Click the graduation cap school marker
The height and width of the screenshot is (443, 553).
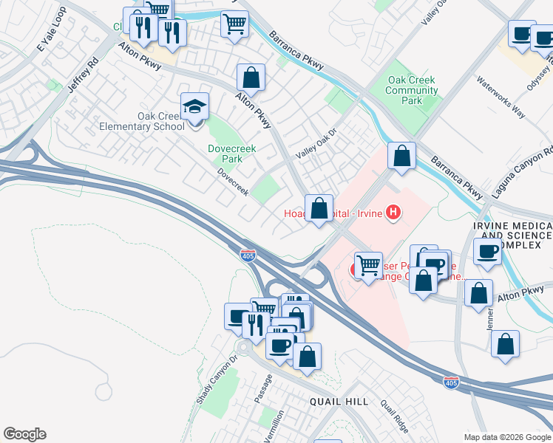(195, 108)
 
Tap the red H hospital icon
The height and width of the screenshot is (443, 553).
(393, 213)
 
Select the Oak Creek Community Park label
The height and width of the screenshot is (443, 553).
(413, 90)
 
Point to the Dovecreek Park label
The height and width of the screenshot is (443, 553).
(231, 154)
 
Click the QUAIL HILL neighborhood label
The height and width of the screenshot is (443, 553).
(339, 401)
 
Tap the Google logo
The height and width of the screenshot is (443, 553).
(24, 434)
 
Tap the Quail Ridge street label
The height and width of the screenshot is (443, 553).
(394, 416)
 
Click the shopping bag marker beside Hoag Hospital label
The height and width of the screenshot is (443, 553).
(319, 209)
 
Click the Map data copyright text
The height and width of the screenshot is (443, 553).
(507, 436)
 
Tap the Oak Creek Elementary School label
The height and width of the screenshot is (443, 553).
(141, 121)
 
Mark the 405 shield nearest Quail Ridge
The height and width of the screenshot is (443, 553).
(450, 382)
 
